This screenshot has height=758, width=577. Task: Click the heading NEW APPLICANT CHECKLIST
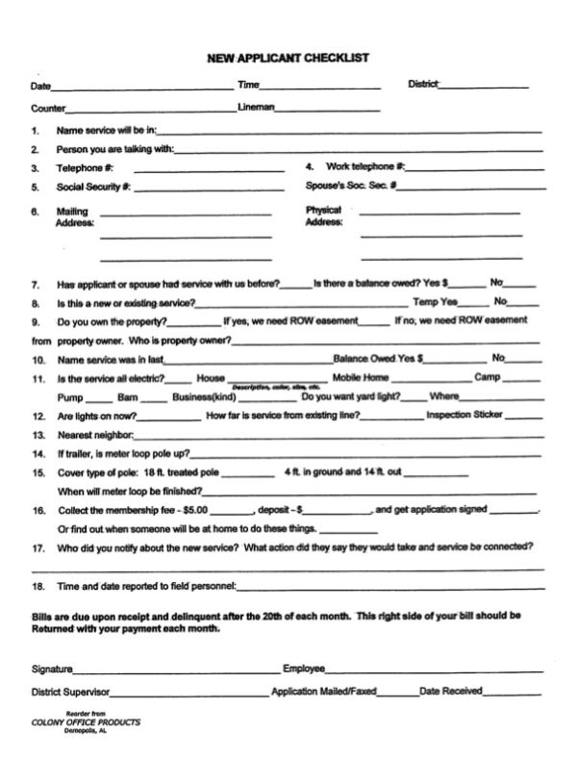click(x=288, y=58)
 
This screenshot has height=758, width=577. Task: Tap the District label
click(x=423, y=85)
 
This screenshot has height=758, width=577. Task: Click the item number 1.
click(x=35, y=130)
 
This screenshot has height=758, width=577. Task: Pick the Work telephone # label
click(x=364, y=166)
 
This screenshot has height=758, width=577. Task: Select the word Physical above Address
click(x=323, y=210)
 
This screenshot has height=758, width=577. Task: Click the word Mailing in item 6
click(x=72, y=211)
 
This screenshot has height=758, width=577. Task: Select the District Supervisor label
click(x=72, y=692)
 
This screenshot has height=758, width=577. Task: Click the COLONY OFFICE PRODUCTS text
click(x=86, y=721)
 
